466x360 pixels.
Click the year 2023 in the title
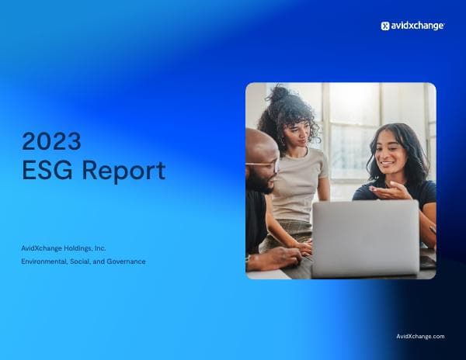[51, 141]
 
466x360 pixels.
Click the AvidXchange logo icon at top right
[384, 26]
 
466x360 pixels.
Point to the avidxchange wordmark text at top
[417, 26]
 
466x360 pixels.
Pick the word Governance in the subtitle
[128, 261]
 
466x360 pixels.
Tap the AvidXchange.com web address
[420, 336]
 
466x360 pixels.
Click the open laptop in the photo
[365, 237]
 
